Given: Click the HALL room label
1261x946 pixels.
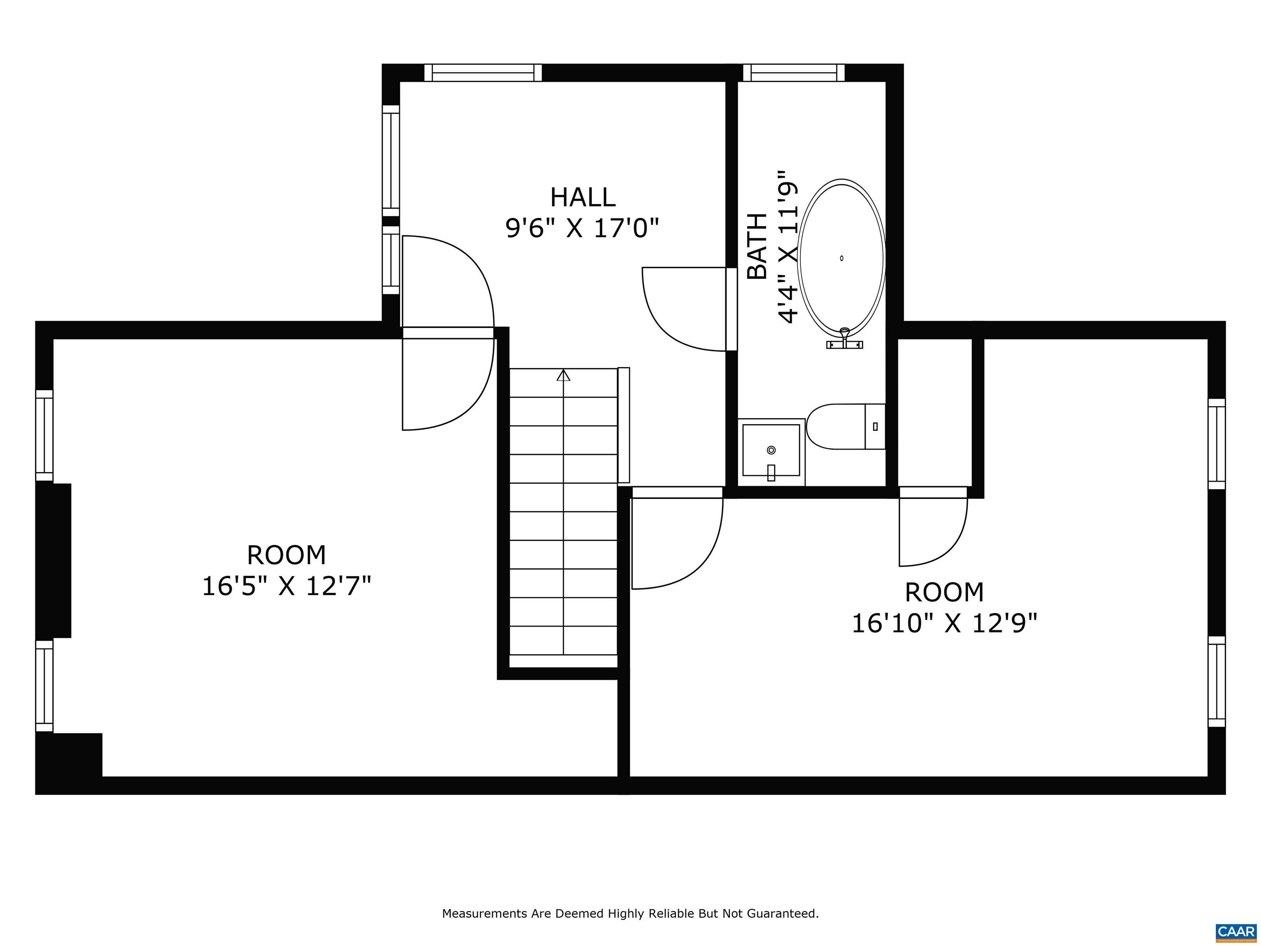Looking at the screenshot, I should pyautogui.click(x=582, y=198).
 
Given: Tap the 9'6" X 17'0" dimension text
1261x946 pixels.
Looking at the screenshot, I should pyautogui.click(x=582, y=229).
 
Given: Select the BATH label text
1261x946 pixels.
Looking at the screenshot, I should pyautogui.click(x=757, y=246).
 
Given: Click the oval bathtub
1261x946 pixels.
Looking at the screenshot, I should pyautogui.click(x=841, y=257).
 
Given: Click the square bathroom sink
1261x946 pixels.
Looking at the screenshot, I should pyautogui.click(x=771, y=450).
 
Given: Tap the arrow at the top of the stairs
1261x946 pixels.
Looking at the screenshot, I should pyautogui.click(x=563, y=375).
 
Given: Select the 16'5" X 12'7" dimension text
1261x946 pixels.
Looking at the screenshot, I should pyautogui.click(x=287, y=586).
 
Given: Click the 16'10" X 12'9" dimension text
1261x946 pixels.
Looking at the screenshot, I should pyautogui.click(x=944, y=623).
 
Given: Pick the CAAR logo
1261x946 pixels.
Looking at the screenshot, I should pyautogui.click(x=1236, y=931).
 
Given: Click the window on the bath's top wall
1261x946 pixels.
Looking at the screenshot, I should pyautogui.click(x=793, y=72).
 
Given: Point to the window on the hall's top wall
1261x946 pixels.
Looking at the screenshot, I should pyautogui.click(x=483, y=72).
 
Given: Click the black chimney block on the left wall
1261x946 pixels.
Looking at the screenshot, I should pyautogui.click(x=54, y=560).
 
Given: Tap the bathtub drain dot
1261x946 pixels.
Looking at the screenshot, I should pyautogui.click(x=841, y=258).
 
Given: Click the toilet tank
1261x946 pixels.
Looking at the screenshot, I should pyautogui.click(x=875, y=427).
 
